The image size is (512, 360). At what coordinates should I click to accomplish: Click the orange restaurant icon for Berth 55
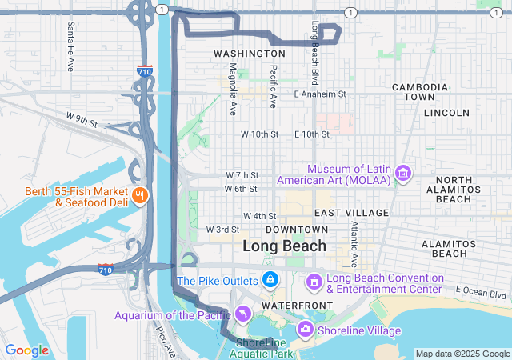point(140,194)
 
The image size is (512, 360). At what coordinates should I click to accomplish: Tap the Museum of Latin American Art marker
point(403,174)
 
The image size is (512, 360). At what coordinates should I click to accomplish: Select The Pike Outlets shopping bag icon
point(270,280)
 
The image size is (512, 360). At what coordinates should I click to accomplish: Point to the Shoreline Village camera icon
point(305,329)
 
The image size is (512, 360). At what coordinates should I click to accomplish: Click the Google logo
point(26,350)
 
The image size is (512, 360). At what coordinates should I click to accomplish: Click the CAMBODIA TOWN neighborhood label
point(419,91)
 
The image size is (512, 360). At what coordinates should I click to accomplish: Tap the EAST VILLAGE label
point(351,213)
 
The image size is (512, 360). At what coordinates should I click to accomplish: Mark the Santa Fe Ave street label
point(70,36)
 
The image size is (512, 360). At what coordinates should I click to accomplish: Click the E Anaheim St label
point(319,94)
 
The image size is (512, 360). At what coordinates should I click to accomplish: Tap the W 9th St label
point(82,123)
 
